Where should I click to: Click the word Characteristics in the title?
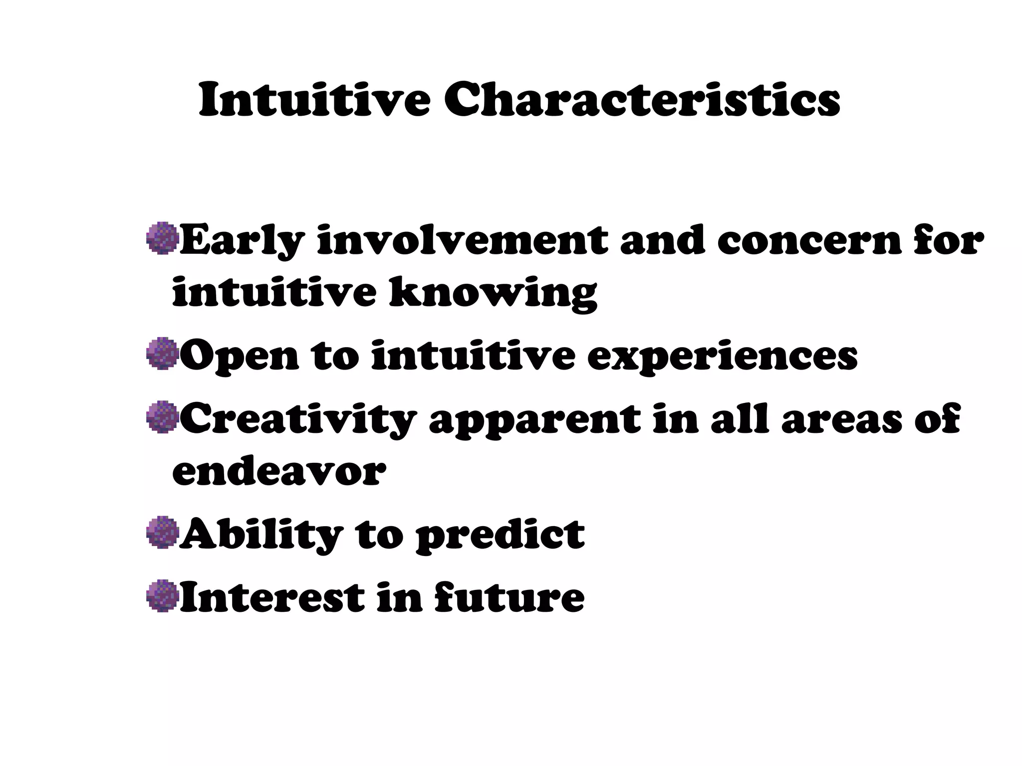642,101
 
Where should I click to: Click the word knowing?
493,294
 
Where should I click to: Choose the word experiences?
722,357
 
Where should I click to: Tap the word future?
509,597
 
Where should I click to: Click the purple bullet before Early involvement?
163,239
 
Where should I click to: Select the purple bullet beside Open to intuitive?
163,354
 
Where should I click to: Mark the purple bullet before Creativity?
163,417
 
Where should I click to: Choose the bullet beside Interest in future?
163,595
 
